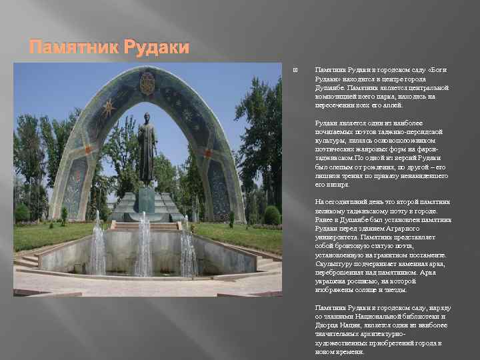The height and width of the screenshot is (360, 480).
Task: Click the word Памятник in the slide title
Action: click(65, 47)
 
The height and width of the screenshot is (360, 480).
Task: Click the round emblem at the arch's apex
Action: click(147, 83)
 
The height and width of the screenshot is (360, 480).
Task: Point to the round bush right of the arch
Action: click(271, 215)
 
